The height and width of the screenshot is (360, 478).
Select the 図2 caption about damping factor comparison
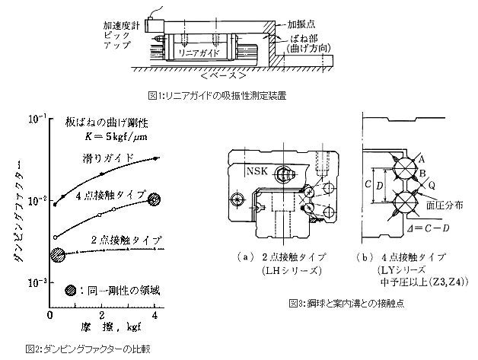pos(81,350)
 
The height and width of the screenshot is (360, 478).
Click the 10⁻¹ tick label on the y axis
pos(35,119)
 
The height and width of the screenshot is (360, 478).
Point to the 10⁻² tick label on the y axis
pos(35,200)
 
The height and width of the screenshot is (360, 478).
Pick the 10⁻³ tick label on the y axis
pos(35,281)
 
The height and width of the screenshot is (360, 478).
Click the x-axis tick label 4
pos(155,314)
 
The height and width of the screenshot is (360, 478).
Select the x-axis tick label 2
pos(102,314)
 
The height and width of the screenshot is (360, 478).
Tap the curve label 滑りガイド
pos(110,158)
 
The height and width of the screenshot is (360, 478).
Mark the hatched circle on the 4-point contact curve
pos(155,199)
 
